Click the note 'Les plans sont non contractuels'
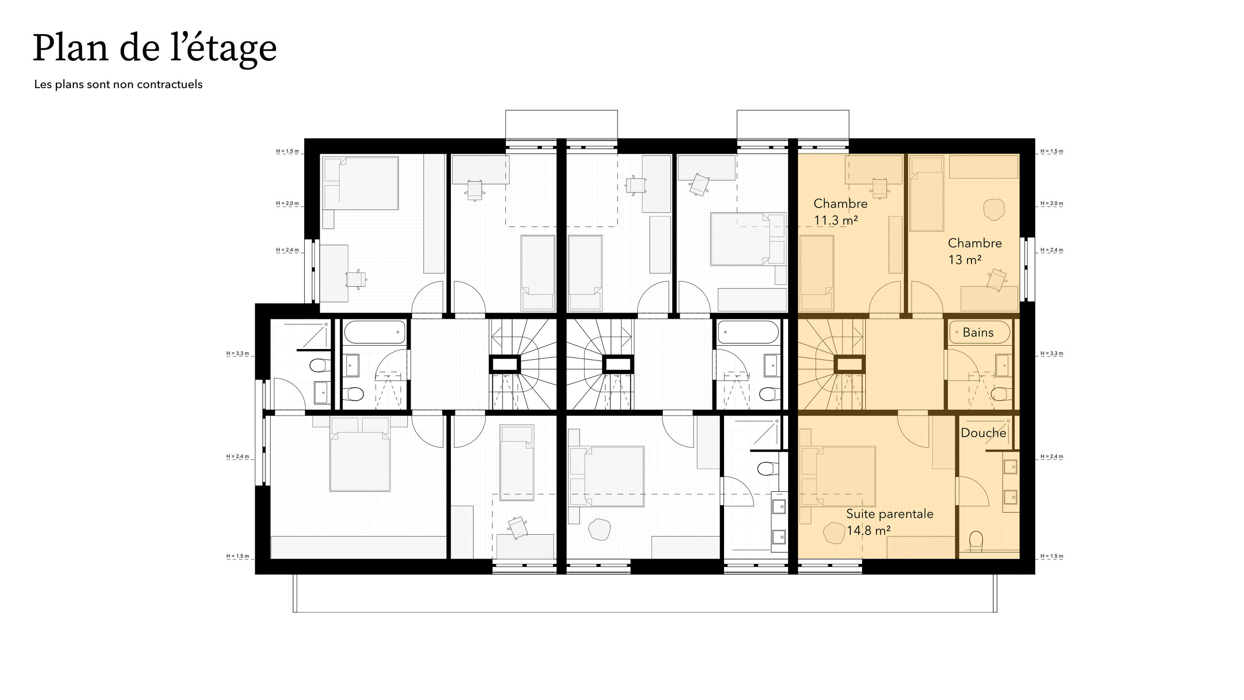tap(118, 84)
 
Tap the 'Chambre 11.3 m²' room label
tap(840, 212)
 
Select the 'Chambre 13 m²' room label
tap(975, 251)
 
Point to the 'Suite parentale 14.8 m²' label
tap(890, 522)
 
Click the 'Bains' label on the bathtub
tap(978, 332)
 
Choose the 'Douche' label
tap(983, 433)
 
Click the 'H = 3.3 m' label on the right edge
tap(1052, 353)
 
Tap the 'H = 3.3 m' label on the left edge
tap(238, 353)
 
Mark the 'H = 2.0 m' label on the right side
tap(1052, 203)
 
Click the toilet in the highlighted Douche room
tap(976, 541)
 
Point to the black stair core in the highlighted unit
tap(849, 364)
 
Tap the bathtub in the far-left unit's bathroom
tap(374, 332)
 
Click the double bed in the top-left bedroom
tap(361, 183)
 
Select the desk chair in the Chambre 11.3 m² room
tap(880, 189)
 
